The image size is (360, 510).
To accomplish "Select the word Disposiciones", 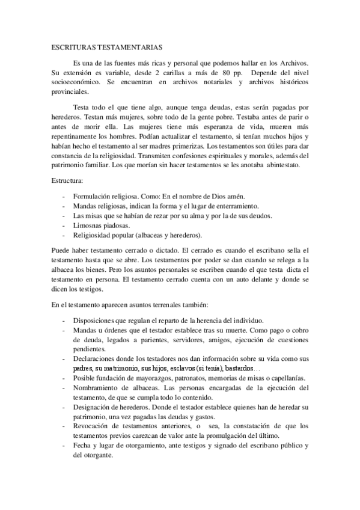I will point(96,321).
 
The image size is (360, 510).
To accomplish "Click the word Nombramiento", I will point(98,388).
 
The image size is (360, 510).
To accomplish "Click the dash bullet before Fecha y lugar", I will point(64,445).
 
